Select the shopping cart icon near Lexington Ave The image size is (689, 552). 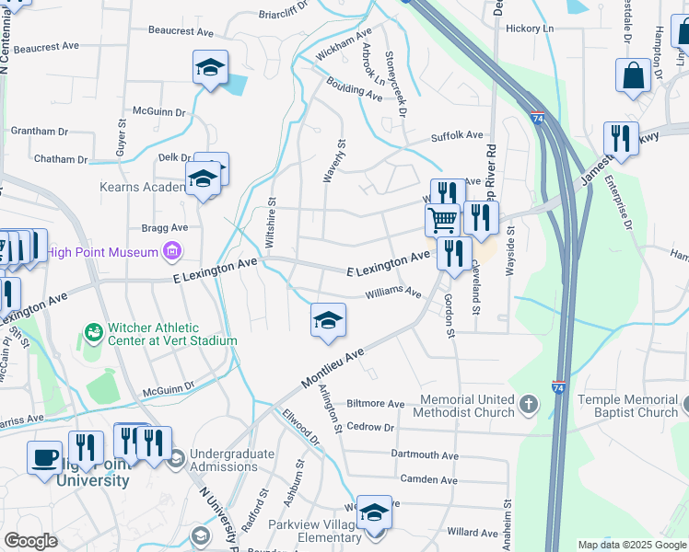pyautogui.click(x=442, y=220)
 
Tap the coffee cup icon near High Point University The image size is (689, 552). pyautogui.click(x=44, y=456)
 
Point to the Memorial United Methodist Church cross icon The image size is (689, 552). pyautogui.click(x=528, y=404)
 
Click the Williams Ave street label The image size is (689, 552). pyautogui.click(x=392, y=293)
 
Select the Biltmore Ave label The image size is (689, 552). pyautogui.click(x=375, y=404)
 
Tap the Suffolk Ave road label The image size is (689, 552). pyautogui.click(x=457, y=135)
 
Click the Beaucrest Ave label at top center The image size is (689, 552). pyautogui.click(x=181, y=30)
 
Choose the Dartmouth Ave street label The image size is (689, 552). pyautogui.click(x=425, y=454)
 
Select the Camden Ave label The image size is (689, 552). pyautogui.click(x=428, y=479)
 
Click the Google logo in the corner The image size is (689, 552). pyautogui.click(x=30, y=541)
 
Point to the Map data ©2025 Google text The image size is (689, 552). pyautogui.click(x=631, y=545)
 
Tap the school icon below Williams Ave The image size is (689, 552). pyautogui.click(x=328, y=319)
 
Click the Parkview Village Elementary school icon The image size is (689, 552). pyautogui.click(x=374, y=512)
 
